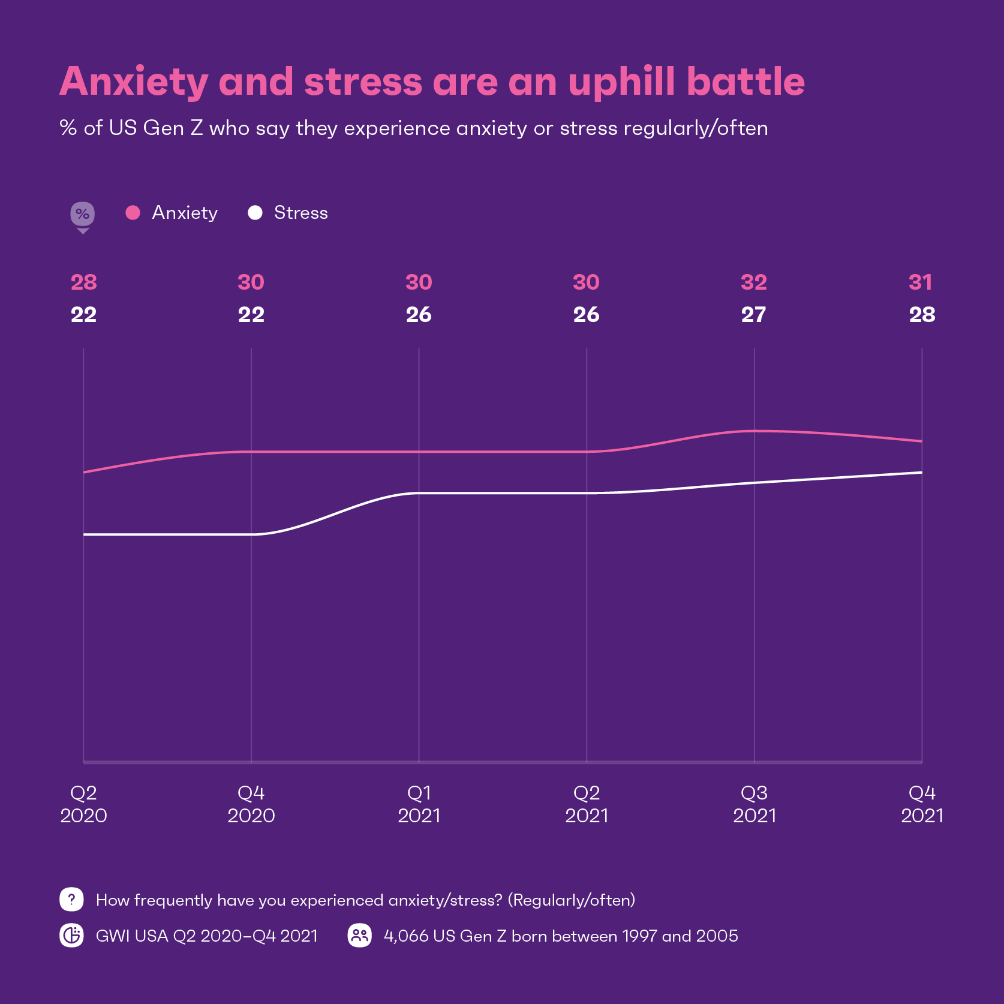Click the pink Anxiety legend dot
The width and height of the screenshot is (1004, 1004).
pos(133,213)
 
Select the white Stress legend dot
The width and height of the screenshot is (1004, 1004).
pos(255,213)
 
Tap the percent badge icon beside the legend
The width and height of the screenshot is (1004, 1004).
pos(83,214)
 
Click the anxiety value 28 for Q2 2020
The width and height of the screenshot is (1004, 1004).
pos(83,282)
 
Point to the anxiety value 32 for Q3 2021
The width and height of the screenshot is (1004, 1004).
pos(754,282)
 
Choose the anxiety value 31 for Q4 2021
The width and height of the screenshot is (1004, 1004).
pos(921,282)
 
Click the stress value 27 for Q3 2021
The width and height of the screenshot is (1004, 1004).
pos(754,314)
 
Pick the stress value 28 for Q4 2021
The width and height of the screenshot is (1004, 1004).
pos(922,314)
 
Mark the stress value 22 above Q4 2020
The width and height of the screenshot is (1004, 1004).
pos(251,314)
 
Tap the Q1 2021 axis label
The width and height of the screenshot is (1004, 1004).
pos(419,804)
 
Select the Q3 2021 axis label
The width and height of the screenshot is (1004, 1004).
pos(754,804)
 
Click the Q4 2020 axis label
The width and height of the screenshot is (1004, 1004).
pos(251,804)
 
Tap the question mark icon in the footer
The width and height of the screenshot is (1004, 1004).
pos(71,900)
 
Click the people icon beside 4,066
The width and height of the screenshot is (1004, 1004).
pos(360,936)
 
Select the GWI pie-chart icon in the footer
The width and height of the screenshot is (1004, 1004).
pos(71,936)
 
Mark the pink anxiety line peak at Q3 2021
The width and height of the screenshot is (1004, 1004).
pos(754,431)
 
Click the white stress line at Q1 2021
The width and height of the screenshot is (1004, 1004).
pos(419,493)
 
